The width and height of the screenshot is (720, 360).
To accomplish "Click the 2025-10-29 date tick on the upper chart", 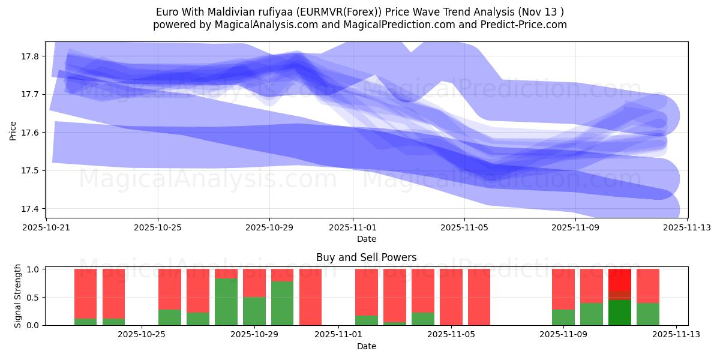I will pyautogui.click(x=269, y=227).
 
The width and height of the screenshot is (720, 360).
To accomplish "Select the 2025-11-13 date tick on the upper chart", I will pyautogui.click(x=687, y=227).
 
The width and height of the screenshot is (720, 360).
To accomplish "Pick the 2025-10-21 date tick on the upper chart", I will pyautogui.click(x=46, y=227).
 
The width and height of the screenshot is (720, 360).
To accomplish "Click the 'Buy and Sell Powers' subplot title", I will pyautogui.click(x=366, y=258).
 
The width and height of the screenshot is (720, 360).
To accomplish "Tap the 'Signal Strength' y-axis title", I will pyautogui.click(x=18, y=296).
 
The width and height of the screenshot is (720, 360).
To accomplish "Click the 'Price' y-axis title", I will pyautogui.click(x=13, y=130).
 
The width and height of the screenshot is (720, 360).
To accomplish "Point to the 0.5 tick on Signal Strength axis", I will pyautogui.click(x=34, y=298).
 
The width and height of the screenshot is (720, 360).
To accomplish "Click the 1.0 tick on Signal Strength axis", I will pyautogui.click(x=34, y=269).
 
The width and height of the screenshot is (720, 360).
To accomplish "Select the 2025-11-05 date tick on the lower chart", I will pyautogui.click(x=450, y=335).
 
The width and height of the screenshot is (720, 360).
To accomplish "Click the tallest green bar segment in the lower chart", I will pyautogui.click(x=226, y=302).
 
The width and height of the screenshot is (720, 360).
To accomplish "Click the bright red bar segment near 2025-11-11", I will pyautogui.click(x=620, y=280).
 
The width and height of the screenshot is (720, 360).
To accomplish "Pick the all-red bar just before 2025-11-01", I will pyautogui.click(x=310, y=297).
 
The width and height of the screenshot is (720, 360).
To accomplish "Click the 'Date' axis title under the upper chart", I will pyautogui.click(x=366, y=239).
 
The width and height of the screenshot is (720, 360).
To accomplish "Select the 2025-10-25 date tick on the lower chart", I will pyautogui.click(x=142, y=335).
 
